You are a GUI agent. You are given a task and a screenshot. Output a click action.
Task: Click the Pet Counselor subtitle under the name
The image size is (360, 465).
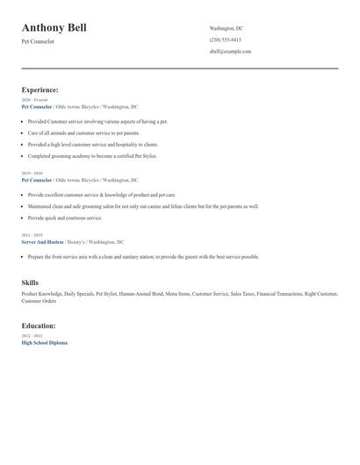click(38, 41)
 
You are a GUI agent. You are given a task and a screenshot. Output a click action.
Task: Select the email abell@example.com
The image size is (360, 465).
click(230, 51)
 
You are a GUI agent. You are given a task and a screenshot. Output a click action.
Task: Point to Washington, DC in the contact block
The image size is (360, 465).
click(227, 28)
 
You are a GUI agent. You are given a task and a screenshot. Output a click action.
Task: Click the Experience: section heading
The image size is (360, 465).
click(40, 89)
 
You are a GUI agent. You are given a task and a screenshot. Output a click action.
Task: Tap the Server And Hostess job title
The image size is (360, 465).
click(42, 241)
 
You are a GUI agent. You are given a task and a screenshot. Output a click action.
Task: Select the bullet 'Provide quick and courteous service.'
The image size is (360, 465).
click(65, 218)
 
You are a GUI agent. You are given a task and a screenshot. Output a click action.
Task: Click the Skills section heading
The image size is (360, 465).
click(30, 283)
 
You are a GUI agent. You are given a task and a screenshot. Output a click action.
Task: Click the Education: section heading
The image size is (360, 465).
click(39, 325)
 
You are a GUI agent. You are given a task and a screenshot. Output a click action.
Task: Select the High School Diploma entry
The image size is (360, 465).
click(44, 342)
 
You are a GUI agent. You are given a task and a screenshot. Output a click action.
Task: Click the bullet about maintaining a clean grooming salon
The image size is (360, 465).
click(143, 206)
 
